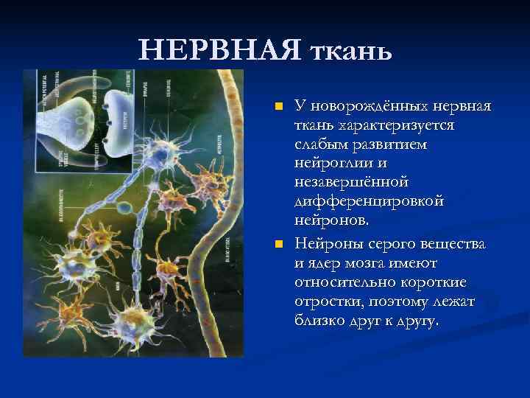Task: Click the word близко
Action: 321,322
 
